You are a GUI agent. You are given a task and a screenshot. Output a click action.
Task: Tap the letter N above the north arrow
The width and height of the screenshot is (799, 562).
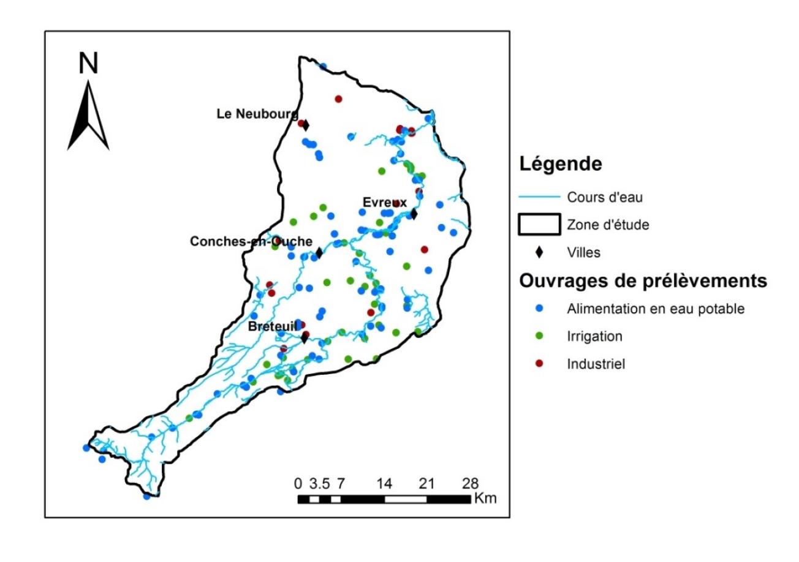pos(89,64)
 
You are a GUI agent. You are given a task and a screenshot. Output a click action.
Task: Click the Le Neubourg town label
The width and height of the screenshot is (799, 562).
pos(257,114)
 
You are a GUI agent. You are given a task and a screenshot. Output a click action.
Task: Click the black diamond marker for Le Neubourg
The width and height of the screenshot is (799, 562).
pos(306,125)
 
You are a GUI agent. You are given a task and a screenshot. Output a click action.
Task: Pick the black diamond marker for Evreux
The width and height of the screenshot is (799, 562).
pos(414,214)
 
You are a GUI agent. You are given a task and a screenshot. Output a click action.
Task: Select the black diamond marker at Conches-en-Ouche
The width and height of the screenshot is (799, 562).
pos(319,253)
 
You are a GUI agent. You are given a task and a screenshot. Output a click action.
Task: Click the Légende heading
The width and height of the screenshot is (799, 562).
pos(560,164)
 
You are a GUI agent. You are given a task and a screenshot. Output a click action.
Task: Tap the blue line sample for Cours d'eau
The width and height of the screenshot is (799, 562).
pos(539,197)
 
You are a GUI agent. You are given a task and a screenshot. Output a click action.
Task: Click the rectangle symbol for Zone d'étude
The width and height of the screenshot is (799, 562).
pos(539,225)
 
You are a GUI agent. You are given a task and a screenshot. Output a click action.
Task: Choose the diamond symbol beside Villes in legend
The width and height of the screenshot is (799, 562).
pos(539,252)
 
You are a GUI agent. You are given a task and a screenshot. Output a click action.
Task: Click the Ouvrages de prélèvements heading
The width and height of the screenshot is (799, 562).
pos(643,281)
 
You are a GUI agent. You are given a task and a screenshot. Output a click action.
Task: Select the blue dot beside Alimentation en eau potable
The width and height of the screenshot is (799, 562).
pos(539,309)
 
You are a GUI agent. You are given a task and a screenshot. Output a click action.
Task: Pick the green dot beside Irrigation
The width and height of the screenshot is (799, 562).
pos(539,336)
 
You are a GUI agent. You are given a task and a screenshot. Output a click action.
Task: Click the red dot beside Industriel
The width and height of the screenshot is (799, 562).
pos(539,364)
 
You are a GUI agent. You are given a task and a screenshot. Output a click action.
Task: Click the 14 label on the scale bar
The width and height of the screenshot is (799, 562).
pos(384,482)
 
